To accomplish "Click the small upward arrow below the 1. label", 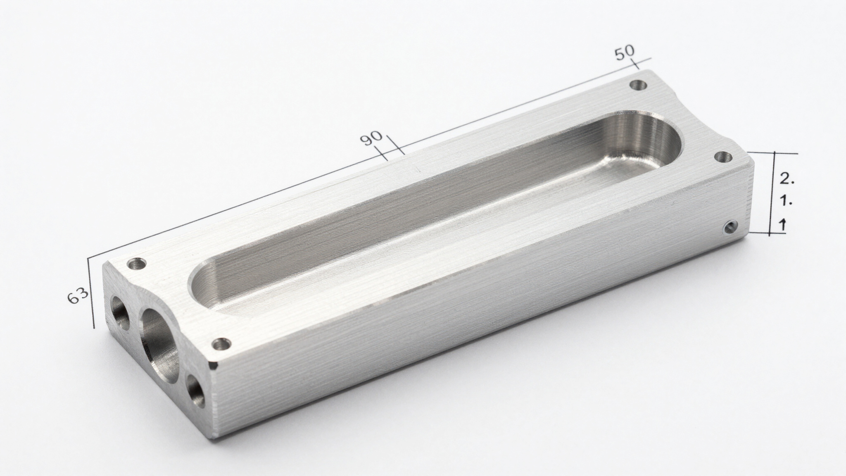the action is pyautogui.click(x=782, y=225).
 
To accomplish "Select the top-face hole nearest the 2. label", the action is pyautogui.click(x=723, y=157).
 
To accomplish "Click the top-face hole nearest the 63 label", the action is pyautogui.click(x=137, y=264).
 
